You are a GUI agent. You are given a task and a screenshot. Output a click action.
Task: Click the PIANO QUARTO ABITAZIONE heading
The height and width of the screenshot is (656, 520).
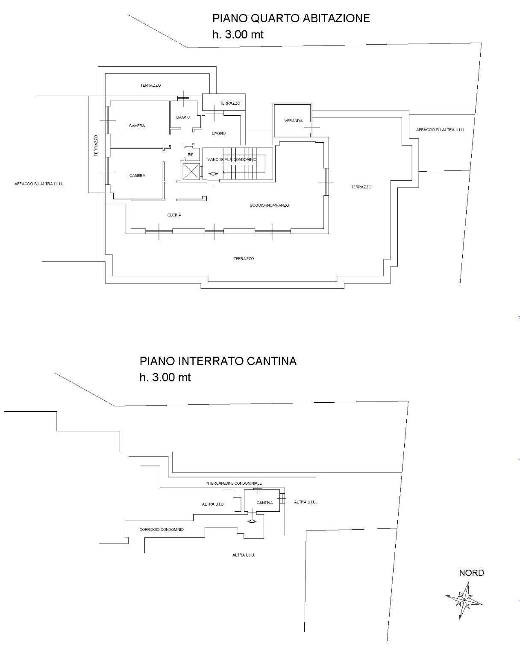point(291,18)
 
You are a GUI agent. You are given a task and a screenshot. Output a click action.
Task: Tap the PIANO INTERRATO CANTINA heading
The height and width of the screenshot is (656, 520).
point(218,361)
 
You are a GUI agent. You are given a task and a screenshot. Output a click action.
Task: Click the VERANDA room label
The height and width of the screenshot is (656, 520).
point(294,121)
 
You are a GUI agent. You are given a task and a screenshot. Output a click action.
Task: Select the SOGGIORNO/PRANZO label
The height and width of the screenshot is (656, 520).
point(269,205)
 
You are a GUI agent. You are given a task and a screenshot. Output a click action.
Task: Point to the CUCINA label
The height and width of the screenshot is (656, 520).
point(174,215)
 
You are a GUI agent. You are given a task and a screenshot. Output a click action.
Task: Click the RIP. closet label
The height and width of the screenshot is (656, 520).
point(191,155)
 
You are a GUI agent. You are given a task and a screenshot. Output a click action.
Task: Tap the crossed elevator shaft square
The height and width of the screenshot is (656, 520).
point(190,172)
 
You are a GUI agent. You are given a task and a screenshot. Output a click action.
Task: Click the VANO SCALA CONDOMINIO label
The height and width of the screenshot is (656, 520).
point(232,159)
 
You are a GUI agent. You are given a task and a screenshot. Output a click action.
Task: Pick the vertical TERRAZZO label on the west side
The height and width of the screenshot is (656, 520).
point(96,146)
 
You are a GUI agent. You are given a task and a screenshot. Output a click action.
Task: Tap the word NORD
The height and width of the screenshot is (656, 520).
point(472,573)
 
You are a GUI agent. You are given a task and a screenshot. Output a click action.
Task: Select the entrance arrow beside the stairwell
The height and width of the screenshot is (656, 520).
point(213,174)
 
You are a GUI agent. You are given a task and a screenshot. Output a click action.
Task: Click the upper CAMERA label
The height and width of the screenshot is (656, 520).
point(137,126)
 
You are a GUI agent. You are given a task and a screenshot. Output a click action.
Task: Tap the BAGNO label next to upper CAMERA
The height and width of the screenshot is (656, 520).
point(183,117)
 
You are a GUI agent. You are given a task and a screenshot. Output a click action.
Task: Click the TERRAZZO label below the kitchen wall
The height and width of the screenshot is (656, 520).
point(244,258)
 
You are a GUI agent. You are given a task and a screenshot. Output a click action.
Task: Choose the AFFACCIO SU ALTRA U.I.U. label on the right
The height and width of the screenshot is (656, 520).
point(441,129)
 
